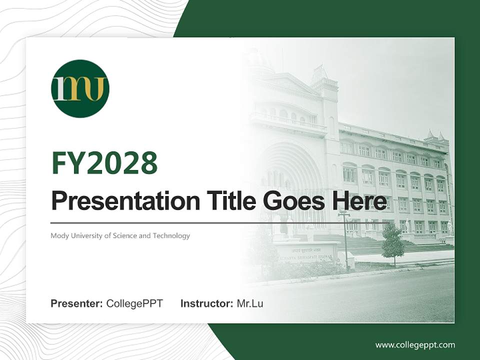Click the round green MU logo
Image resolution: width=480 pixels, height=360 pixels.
point(80,88)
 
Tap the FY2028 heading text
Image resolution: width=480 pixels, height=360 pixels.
point(104,162)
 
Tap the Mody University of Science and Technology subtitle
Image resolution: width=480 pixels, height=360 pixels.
point(120,235)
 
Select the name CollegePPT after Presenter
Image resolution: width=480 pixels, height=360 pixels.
point(134,303)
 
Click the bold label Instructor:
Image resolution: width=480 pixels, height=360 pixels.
point(206,303)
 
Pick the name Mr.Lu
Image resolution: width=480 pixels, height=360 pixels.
point(250,303)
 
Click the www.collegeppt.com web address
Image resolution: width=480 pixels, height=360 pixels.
point(415,345)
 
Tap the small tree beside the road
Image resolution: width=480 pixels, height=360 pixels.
point(392,243)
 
